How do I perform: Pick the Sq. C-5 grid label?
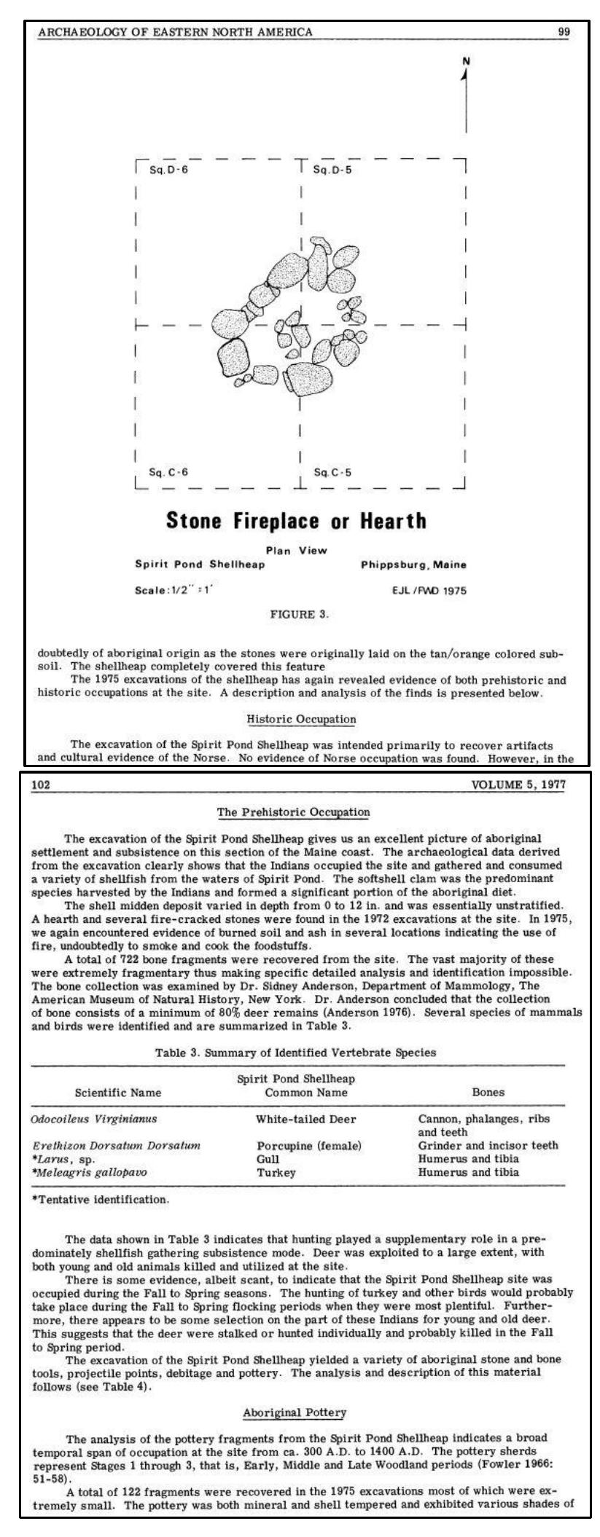[x=332, y=471]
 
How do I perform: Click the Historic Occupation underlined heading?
[x=301, y=719]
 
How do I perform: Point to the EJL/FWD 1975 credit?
[x=429, y=591]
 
